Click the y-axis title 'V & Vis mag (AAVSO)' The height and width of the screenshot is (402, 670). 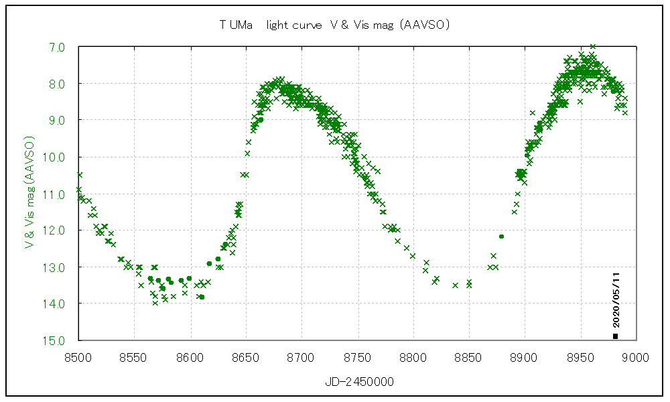(x=29, y=193)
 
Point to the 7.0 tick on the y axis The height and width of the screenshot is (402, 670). (x=57, y=48)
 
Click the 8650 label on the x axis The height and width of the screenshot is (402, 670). (x=246, y=357)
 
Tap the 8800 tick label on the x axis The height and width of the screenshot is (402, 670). (x=413, y=357)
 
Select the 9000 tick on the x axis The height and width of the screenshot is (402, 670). (x=635, y=357)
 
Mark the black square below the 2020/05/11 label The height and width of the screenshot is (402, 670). (x=615, y=336)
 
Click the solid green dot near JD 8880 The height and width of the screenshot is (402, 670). (x=501, y=237)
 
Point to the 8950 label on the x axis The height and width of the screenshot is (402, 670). (x=580, y=357)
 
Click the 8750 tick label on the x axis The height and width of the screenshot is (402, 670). (x=357, y=357)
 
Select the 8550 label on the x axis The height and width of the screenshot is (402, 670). (x=135, y=357)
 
